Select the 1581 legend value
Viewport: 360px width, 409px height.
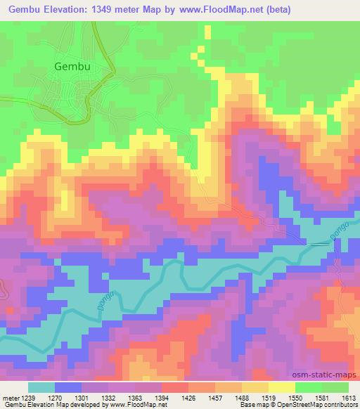tap(325, 397)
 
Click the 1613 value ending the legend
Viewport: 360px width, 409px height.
tap(349, 397)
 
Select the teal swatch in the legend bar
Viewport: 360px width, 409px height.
tap(41, 387)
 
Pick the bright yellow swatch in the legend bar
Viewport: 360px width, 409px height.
tap(281, 387)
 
